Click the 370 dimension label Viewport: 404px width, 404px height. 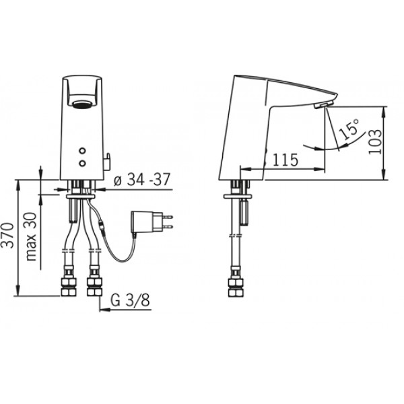7,236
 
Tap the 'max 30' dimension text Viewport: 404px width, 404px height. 31,236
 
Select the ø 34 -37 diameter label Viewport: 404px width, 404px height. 142,180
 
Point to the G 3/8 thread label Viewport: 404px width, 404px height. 130,300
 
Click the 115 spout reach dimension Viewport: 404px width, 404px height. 285,160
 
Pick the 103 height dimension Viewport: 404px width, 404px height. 375,141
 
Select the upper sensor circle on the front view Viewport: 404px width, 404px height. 82,151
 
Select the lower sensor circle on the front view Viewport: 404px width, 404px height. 82,163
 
